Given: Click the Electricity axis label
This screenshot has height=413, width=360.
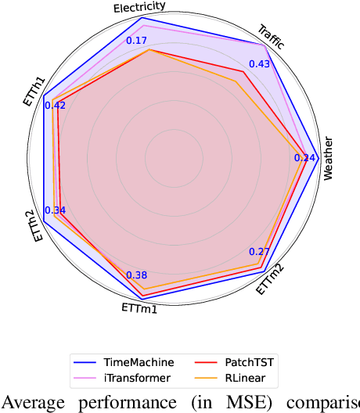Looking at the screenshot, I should (x=139, y=7).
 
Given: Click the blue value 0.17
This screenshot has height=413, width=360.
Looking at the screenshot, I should (x=137, y=41).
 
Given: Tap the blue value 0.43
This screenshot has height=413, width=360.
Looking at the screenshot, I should (x=259, y=63).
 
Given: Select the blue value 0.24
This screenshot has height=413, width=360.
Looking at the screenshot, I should (x=304, y=158).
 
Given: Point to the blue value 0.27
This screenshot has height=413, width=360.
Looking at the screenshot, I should (x=258, y=252).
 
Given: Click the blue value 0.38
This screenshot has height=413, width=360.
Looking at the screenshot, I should (x=136, y=275).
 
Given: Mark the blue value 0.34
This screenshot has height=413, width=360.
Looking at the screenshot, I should (x=56, y=210).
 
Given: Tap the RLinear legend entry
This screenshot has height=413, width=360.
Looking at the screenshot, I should (x=243, y=377).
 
